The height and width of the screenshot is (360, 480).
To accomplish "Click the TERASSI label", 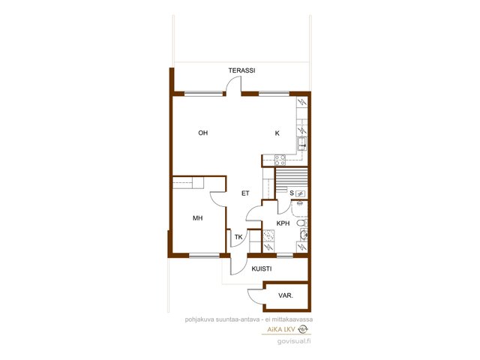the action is (x=241, y=70).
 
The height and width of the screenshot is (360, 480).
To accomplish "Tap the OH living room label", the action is (x=203, y=133).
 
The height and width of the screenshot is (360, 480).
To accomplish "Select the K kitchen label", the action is (x=277, y=133).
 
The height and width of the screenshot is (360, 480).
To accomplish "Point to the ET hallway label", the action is (x=245, y=193).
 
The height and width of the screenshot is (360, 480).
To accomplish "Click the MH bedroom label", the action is (x=197, y=218).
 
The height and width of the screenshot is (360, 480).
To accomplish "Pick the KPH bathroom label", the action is (x=283, y=223).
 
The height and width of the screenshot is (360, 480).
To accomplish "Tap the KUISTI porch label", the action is (x=262, y=269).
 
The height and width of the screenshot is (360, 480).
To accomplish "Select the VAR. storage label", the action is (x=286, y=296).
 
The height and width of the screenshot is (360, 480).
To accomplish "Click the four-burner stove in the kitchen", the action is (x=280, y=160).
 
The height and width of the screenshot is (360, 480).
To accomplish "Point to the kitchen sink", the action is (x=301, y=143).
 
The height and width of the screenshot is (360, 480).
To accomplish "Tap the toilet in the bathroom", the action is (x=301, y=223).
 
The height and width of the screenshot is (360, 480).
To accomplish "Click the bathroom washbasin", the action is (x=304, y=235).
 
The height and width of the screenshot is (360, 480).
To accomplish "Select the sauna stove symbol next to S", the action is (x=301, y=193).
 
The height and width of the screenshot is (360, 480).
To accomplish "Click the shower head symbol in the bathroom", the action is (x=300, y=203).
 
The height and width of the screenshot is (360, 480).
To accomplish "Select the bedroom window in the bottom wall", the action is (x=205, y=255).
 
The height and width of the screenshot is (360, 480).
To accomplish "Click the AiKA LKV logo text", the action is (x=281, y=329).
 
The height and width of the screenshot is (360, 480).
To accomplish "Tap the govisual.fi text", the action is (x=294, y=342).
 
